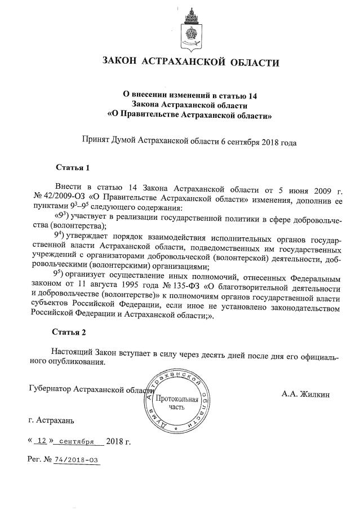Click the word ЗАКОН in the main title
pos(119,61)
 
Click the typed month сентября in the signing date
pos(76,441)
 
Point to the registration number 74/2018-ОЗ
pos(75,460)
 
